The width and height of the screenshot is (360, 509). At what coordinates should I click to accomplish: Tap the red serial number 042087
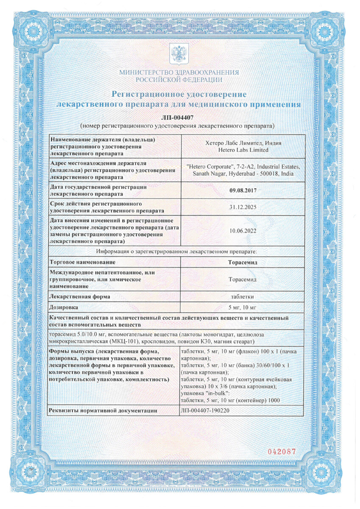point(281,452)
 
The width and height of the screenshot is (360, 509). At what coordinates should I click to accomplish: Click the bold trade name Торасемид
point(243,262)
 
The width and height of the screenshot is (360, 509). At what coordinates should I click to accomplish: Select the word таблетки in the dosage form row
point(243,296)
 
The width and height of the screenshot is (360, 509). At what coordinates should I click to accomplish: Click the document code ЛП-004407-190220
point(207,410)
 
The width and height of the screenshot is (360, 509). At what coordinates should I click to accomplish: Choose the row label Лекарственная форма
point(80,296)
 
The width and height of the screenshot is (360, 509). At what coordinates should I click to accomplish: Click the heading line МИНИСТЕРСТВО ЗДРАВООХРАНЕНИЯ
point(179,73)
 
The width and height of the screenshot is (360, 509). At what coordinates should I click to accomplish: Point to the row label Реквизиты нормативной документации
point(103,410)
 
